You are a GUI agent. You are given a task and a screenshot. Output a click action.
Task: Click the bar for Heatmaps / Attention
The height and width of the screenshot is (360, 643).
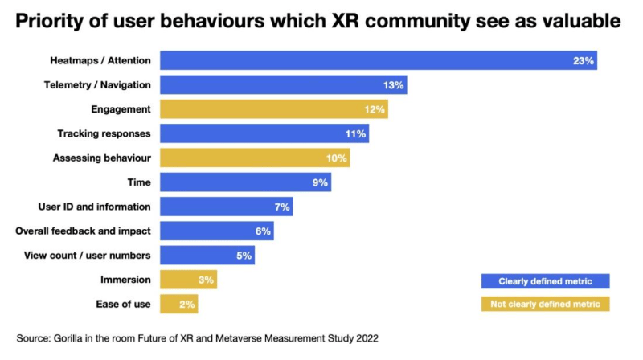point(378,60)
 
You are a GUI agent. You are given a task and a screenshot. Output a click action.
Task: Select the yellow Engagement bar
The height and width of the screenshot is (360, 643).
point(273,109)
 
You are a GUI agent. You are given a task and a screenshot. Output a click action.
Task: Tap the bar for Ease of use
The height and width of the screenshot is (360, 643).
point(178,305)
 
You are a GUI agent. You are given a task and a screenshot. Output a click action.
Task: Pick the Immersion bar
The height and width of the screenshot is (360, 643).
point(188,280)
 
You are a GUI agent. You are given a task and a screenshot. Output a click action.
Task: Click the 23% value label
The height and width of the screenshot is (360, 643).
point(584,60)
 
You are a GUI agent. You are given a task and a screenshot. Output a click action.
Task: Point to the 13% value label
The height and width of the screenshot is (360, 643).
point(394,84)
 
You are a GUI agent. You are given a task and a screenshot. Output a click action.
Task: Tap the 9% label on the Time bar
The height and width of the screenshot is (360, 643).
point(320,182)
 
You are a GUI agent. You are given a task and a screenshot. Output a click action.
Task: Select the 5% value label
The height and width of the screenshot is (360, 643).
point(244,256)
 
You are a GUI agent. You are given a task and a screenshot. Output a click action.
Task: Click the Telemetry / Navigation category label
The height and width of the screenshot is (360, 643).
point(100,84)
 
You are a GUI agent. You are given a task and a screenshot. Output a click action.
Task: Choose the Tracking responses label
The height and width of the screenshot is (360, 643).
point(104,133)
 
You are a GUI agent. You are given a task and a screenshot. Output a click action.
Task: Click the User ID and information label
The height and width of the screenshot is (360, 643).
point(94,207)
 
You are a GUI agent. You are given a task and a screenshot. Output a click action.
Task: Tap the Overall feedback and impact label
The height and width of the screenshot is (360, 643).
point(83,231)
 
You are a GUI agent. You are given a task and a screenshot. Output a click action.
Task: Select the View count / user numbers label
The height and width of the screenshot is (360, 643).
point(88,256)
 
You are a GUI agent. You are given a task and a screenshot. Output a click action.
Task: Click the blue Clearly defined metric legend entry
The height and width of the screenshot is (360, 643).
point(545,280)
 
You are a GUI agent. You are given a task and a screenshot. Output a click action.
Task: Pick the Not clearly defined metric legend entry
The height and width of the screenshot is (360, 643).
point(545,304)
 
